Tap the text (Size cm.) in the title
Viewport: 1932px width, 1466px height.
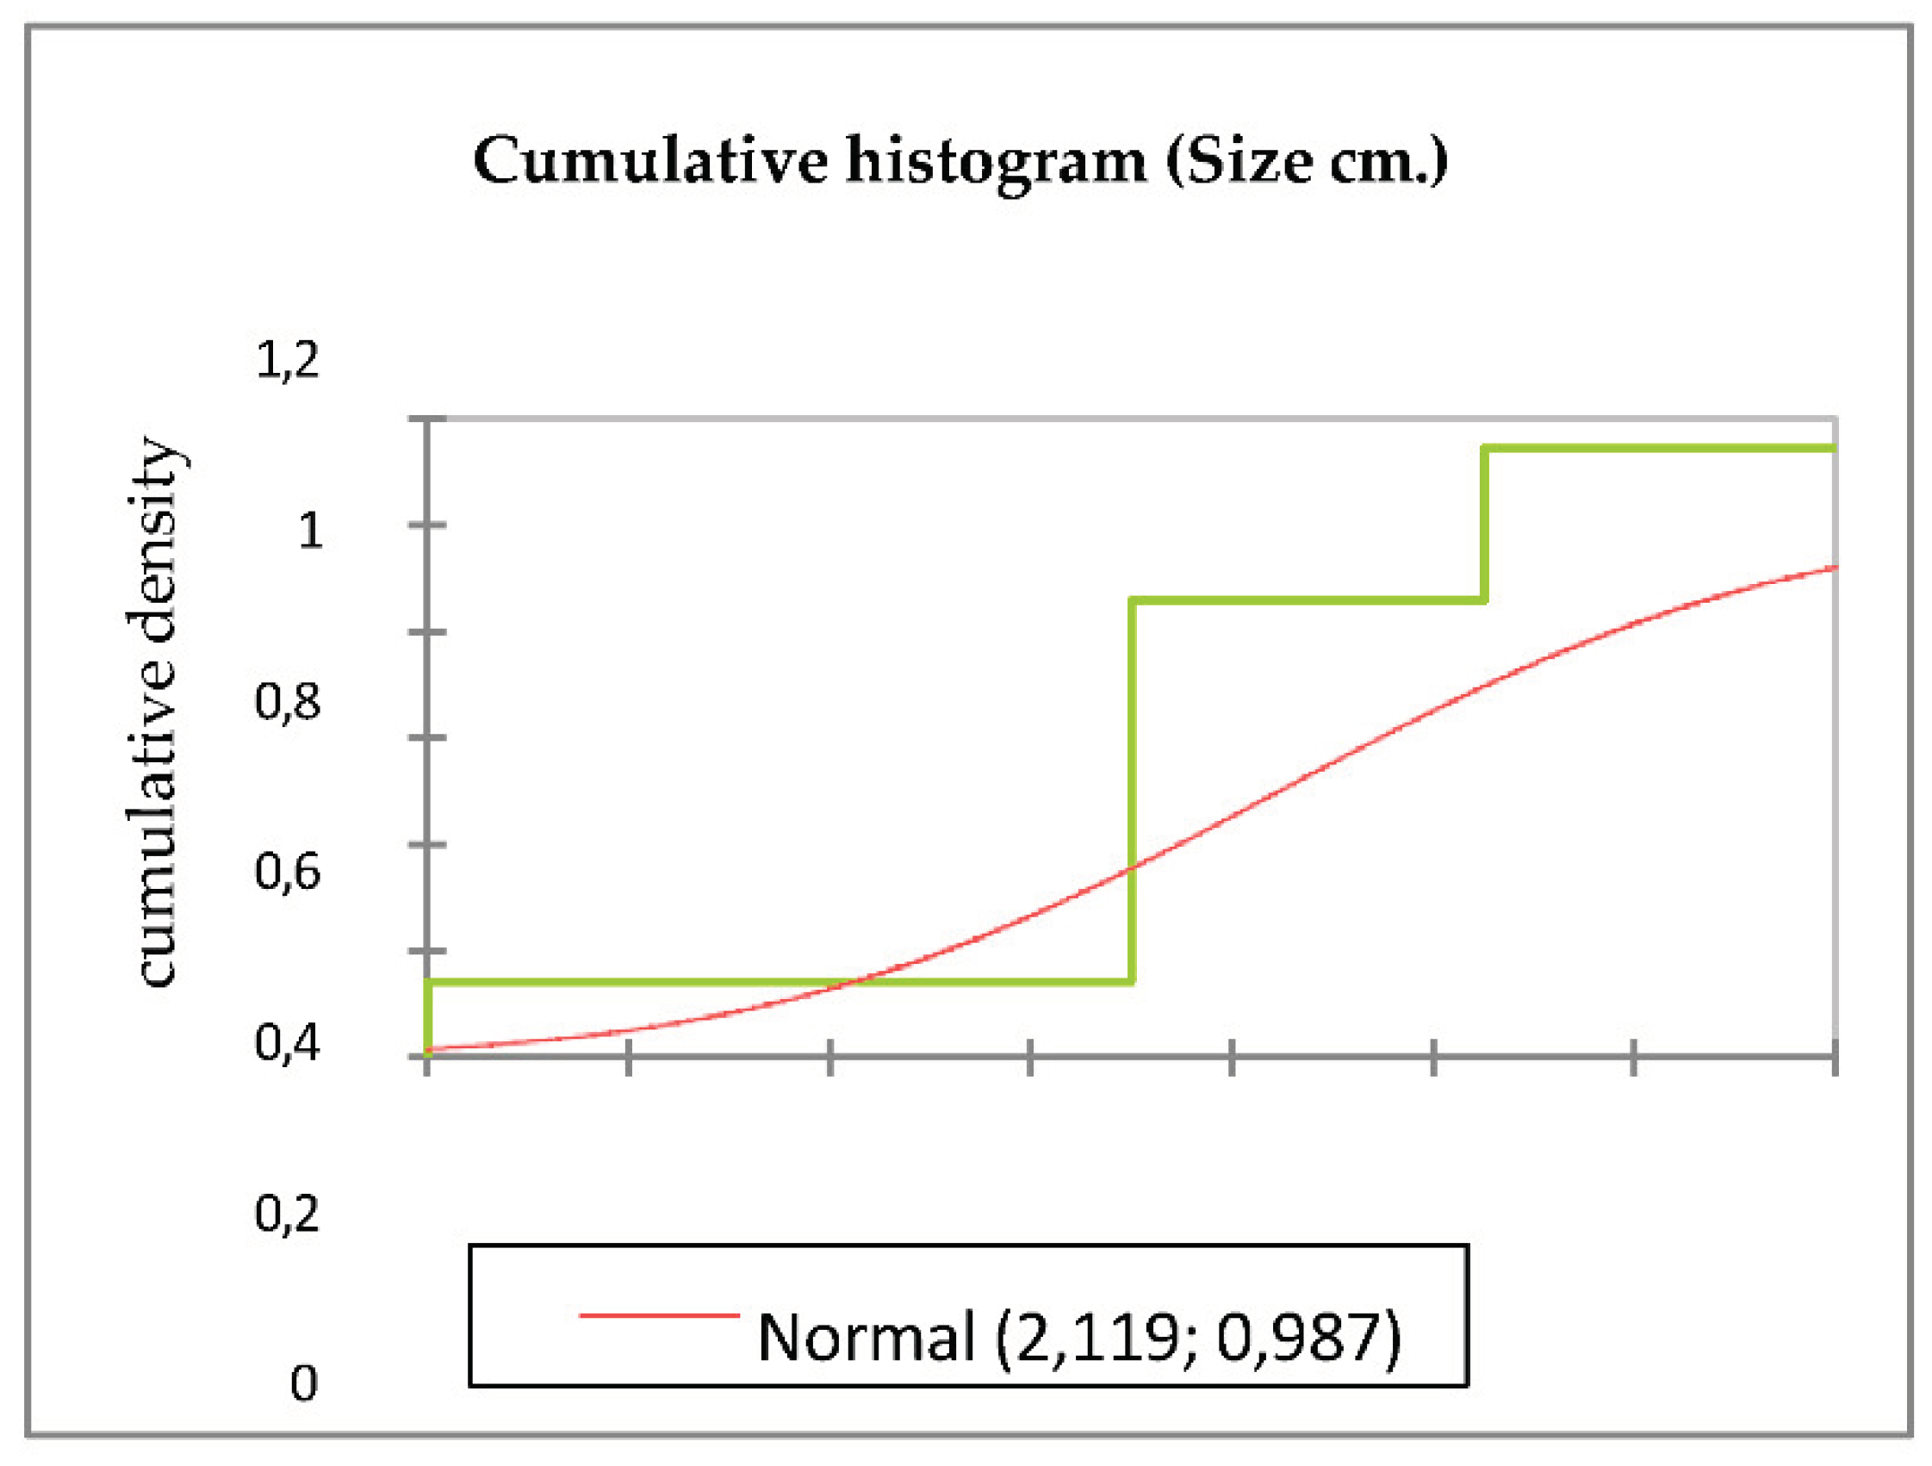(x=1308, y=164)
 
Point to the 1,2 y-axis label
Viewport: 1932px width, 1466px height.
(x=288, y=360)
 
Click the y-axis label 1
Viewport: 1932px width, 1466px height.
(x=310, y=531)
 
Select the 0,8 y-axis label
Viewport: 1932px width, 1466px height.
(x=288, y=700)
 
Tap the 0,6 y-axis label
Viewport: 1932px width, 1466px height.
(x=288, y=871)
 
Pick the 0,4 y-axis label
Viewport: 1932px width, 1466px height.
(x=288, y=1042)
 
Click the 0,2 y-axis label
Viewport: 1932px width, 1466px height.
(x=288, y=1213)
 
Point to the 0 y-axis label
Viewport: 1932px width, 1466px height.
(x=303, y=1383)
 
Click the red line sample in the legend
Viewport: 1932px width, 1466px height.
(x=660, y=1314)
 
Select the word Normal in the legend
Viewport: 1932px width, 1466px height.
(x=865, y=1337)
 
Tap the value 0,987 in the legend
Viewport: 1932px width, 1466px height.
(x=1298, y=1337)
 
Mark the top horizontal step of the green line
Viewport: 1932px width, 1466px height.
(x=1660, y=448)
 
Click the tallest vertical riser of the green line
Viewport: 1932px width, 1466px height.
(x=1132, y=791)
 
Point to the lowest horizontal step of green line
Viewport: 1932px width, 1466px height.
(x=777, y=982)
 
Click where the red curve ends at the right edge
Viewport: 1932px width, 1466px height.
(x=1834, y=568)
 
